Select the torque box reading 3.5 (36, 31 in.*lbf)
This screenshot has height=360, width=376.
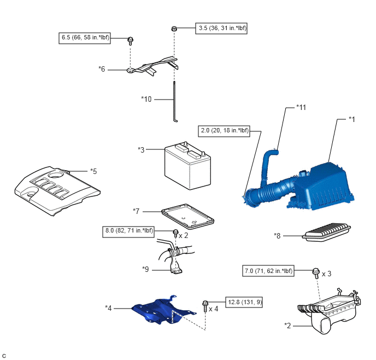pos(221,27)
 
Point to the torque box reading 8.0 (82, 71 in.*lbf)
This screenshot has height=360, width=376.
pos(137,231)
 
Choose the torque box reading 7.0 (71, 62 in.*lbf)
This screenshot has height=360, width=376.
pos(268,271)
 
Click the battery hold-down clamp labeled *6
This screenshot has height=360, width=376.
pos(152,65)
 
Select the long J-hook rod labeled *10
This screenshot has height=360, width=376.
pos(175,101)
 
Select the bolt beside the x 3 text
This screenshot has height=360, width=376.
pos(316,272)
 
